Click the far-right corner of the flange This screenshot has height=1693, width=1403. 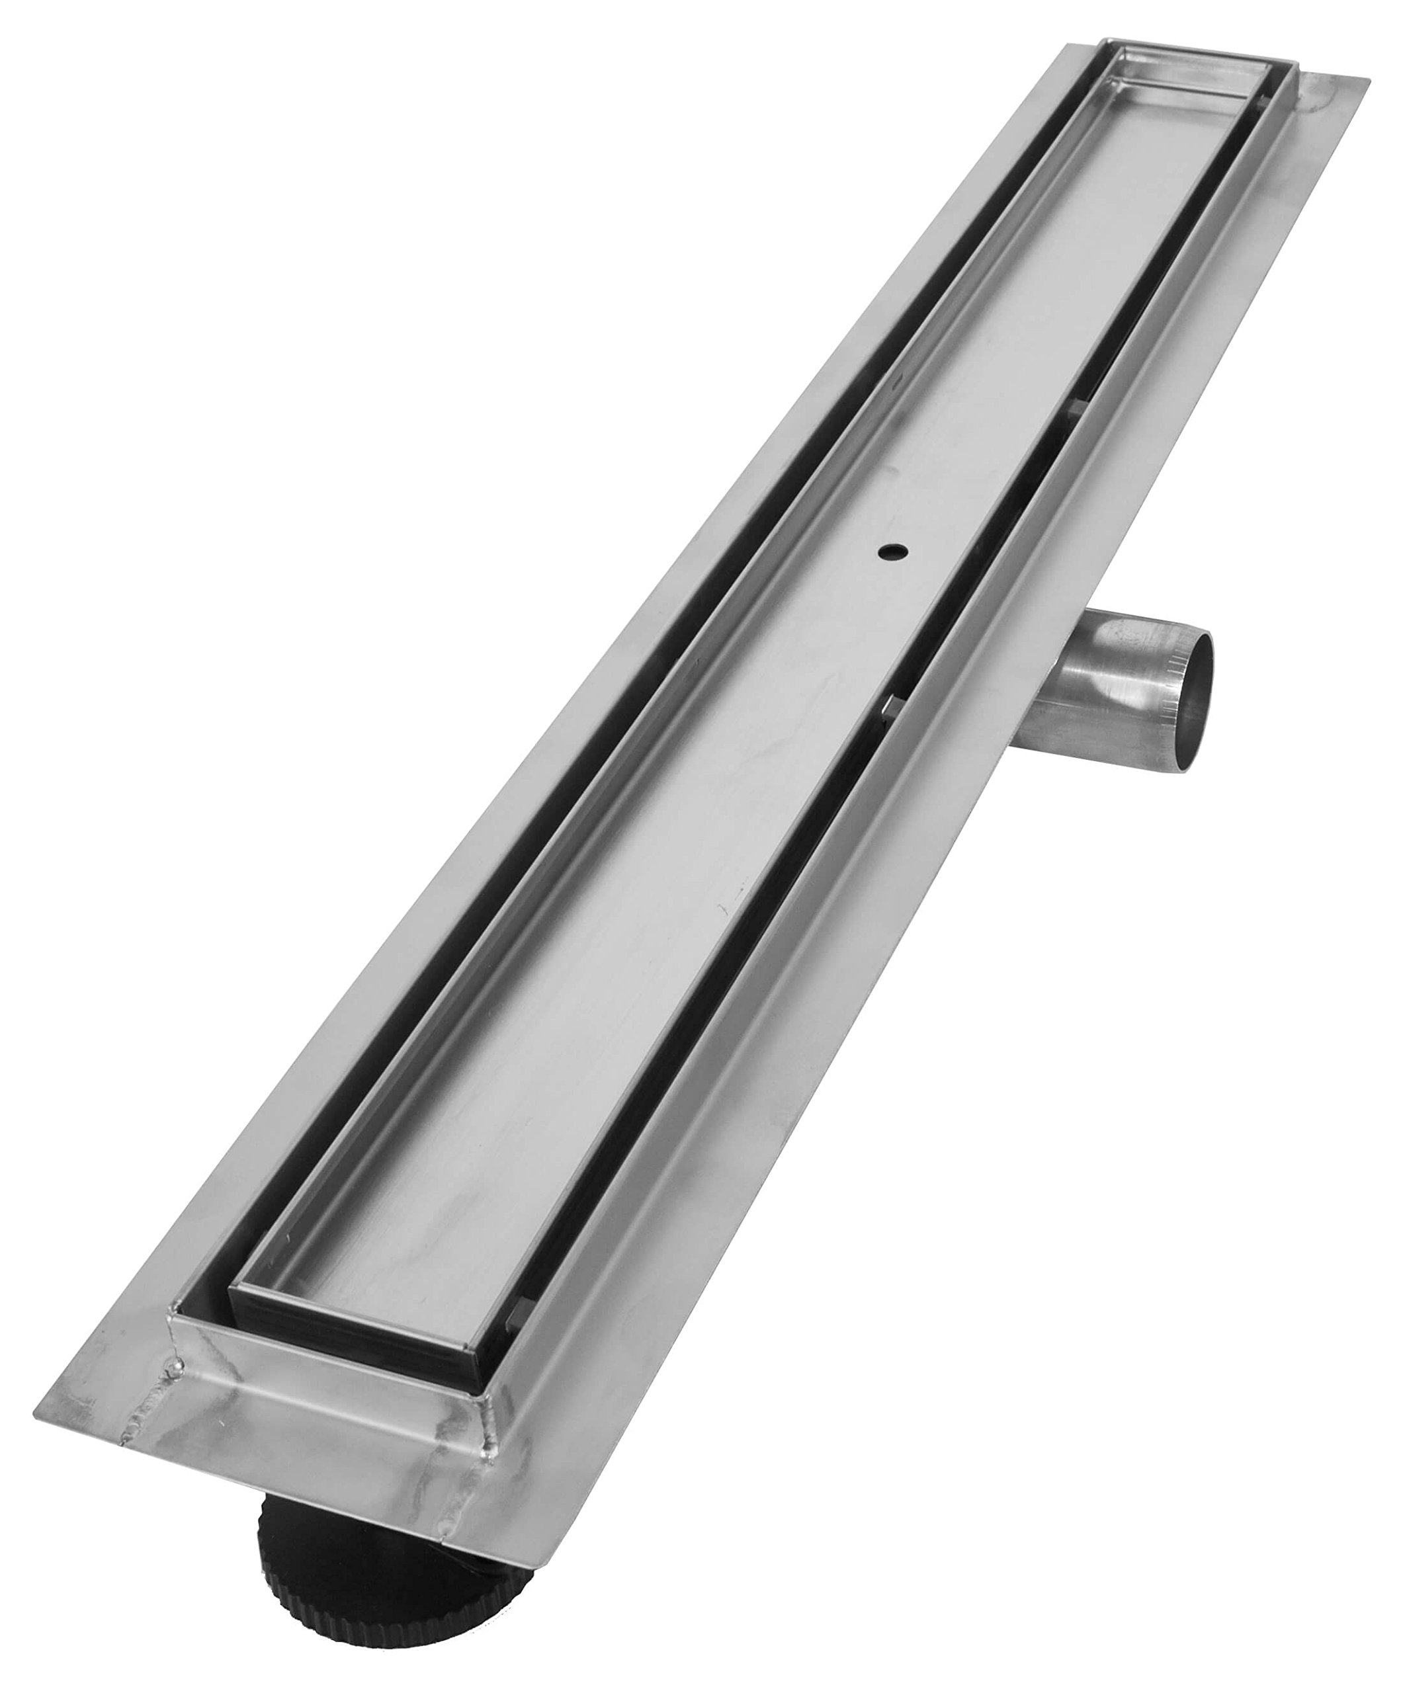click(1367, 81)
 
